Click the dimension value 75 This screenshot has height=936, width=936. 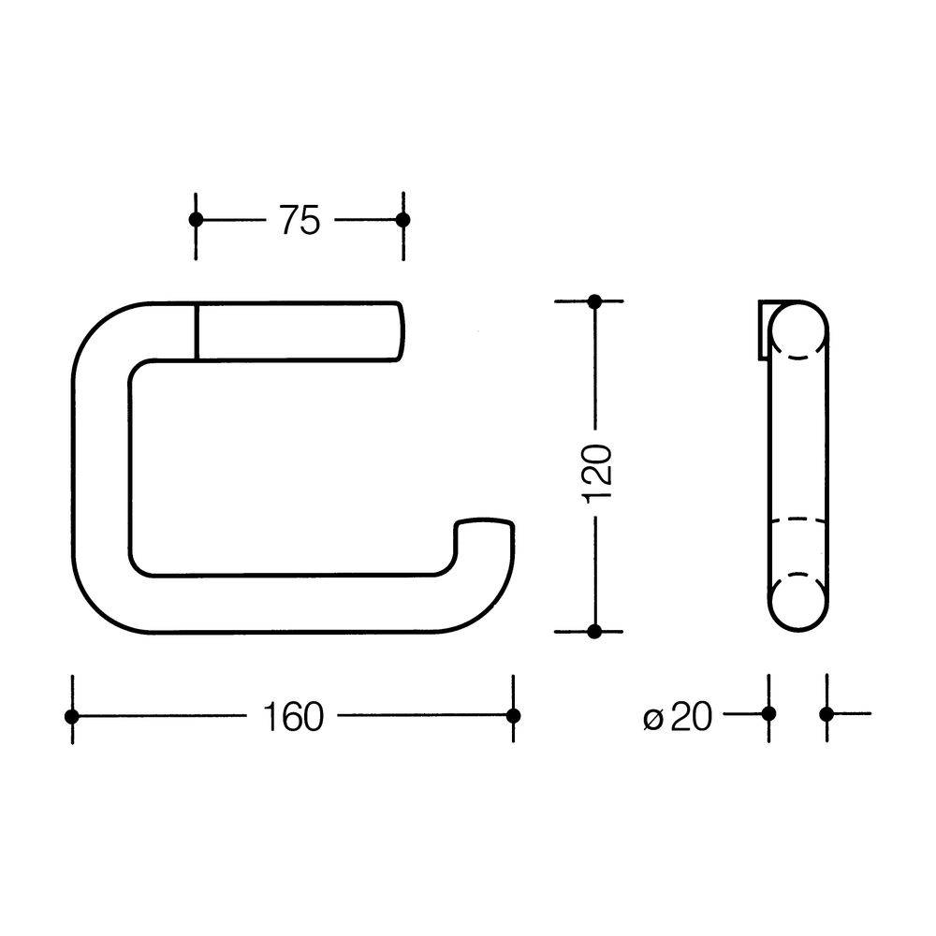pos(300,220)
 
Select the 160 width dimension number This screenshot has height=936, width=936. pos(293,716)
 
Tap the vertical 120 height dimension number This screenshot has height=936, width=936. pos(597,473)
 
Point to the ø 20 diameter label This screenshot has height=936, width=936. pos(678,716)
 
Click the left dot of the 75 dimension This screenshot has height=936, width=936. pos(196,220)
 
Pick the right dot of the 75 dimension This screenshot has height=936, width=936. pos(402,220)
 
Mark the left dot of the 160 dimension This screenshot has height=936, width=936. pos(72,716)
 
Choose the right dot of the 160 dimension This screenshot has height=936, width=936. pos(513,715)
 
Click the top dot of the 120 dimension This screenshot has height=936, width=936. pos(594,301)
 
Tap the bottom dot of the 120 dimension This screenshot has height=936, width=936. pos(594,631)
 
